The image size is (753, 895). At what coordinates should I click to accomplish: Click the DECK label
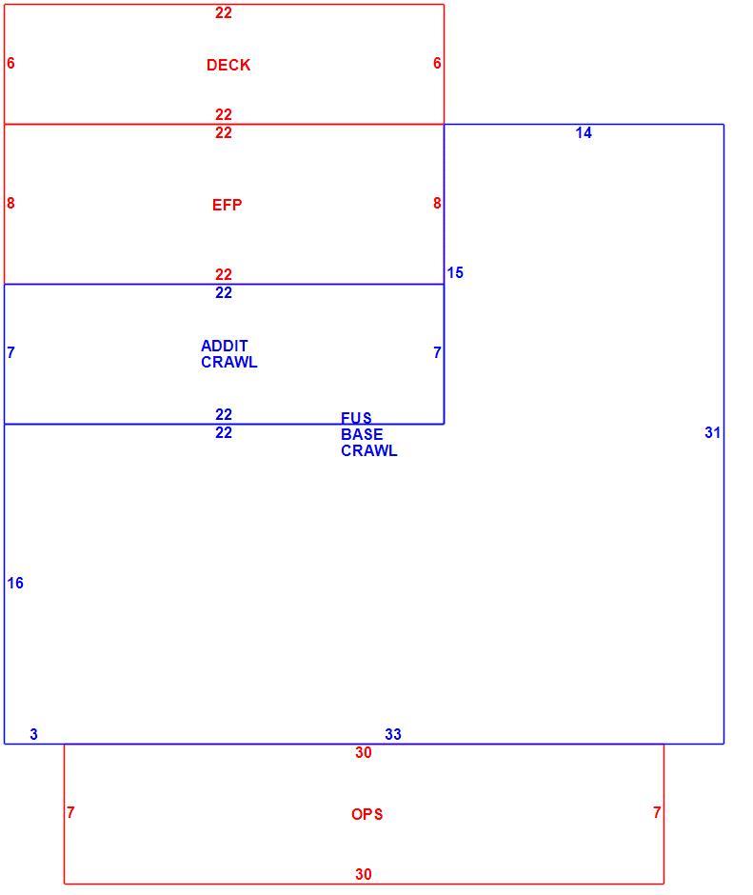coord(228,65)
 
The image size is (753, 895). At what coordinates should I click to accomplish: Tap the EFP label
coord(228,205)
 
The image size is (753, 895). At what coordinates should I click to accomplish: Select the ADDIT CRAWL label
coord(228,354)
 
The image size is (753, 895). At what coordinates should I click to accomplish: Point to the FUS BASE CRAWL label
coord(368,434)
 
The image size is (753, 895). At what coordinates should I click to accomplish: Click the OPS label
coord(367,814)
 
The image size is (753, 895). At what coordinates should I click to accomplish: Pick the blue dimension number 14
coord(584,133)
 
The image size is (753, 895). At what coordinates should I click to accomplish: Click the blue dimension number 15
coord(455,273)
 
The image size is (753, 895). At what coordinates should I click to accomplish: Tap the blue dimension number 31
coord(712,432)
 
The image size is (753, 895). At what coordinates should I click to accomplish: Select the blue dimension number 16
coord(15,583)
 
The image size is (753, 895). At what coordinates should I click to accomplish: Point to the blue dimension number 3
coord(33,734)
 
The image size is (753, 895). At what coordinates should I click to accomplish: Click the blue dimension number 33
coord(393,734)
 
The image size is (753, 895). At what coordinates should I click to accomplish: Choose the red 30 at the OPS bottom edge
coord(364,874)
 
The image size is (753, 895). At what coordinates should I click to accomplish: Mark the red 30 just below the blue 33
coord(364,752)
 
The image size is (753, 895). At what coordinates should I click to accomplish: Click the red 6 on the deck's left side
coord(10,63)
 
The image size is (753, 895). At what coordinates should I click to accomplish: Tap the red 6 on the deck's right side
coord(437,63)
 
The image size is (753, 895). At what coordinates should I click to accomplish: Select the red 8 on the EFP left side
coord(10,203)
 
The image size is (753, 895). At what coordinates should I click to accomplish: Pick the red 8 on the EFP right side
coord(437,203)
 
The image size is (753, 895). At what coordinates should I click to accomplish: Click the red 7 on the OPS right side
coord(657,812)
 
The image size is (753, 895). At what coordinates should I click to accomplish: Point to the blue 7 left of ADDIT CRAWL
coord(10,352)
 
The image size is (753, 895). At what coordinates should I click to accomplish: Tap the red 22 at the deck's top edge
coord(224,12)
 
